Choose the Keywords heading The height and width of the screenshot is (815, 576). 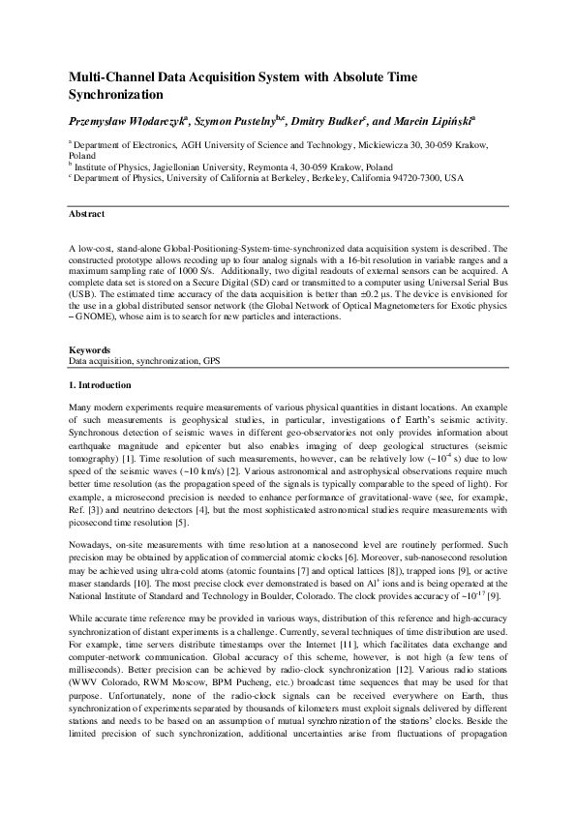point(89,349)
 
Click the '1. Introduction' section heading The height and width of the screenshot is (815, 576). point(105,385)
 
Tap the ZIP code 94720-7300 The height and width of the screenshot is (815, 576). point(411,178)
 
